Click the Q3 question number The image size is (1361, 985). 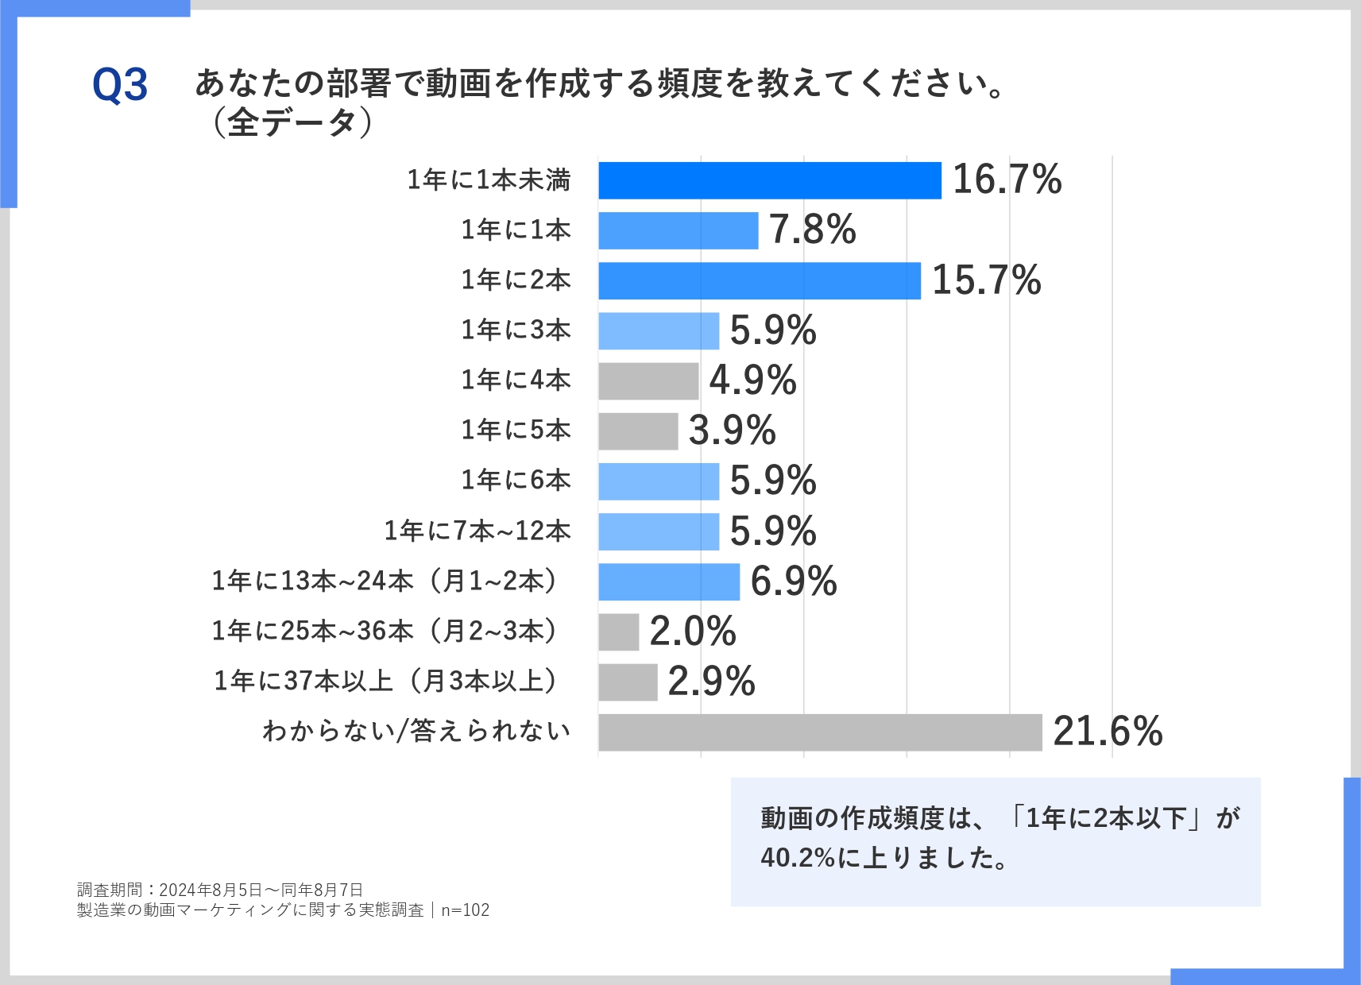(x=120, y=85)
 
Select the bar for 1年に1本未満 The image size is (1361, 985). (x=769, y=180)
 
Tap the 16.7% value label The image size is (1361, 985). (x=1007, y=180)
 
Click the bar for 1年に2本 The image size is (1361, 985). (x=759, y=280)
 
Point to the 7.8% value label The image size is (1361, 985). (x=812, y=230)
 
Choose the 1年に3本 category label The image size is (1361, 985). (x=516, y=330)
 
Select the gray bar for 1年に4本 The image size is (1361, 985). (x=648, y=381)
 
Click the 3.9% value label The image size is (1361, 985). (x=732, y=431)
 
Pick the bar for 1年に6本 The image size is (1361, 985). (x=659, y=481)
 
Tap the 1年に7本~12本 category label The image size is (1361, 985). (x=478, y=531)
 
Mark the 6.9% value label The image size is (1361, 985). (x=793, y=581)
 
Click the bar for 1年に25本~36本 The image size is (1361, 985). (x=619, y=632)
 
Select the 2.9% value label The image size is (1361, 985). (x=711, y=682)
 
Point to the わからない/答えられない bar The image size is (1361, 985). (x=820, y=732)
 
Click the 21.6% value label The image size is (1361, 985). (x=1108, y=732)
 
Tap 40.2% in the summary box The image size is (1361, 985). (x=797, y=858)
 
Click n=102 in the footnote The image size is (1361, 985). (x=466, y=910)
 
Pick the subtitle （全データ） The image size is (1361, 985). (x=291, y=123)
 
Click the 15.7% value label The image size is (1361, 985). (x=986, y=280)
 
